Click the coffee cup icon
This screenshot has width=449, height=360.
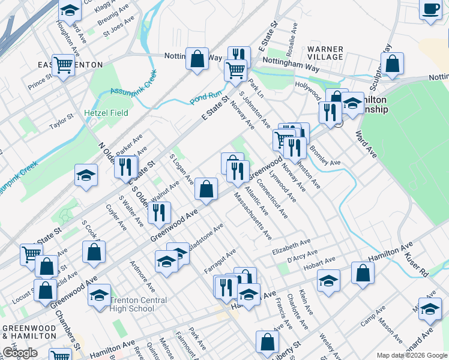(x=430, y=10)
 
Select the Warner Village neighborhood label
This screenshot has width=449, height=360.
(x=325, y=53)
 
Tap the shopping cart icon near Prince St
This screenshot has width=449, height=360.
(x=62, y=64)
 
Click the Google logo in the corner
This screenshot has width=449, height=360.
(x=20, y=353)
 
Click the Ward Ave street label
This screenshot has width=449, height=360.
(x=366, y=145)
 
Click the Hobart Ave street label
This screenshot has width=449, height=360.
(x=319, y=262)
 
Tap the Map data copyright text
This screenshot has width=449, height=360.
(x=412, y=355)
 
